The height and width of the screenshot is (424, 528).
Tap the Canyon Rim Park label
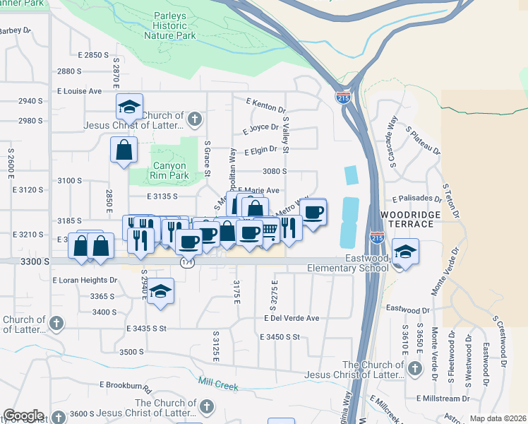point(169,170)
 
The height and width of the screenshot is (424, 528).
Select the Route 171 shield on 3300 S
point(187,262)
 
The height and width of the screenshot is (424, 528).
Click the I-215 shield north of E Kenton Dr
point(343,97)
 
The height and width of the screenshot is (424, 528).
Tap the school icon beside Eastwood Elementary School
point(405,252)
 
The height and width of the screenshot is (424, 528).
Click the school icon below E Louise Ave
point(129,107)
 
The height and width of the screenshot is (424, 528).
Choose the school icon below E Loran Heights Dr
point(161,292)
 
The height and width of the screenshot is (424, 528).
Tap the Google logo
point(23,416)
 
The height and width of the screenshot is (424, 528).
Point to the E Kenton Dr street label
point(265,105)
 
